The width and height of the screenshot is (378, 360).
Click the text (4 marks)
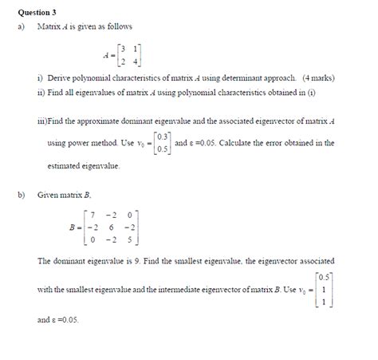tap(317, 78)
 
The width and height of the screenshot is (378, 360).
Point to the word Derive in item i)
tap(61, 78)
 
